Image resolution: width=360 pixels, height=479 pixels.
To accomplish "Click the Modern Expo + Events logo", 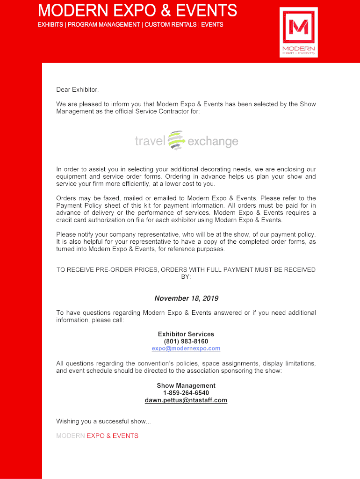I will [298, 32].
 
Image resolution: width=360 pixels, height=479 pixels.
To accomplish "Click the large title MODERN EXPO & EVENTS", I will [137, 10].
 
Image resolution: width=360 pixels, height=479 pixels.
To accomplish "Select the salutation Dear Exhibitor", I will [78, 89].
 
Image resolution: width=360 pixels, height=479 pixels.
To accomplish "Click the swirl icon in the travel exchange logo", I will [176, 140].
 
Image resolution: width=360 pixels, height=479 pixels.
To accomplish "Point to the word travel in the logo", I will [150, 141].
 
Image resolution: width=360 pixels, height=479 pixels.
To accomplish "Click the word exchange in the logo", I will [213, 141].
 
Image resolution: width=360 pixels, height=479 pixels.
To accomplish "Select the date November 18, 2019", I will [186, 298].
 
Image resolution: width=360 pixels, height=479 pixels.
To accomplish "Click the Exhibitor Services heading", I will [186, 334].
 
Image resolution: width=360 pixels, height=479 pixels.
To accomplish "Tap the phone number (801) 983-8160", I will [186, 341].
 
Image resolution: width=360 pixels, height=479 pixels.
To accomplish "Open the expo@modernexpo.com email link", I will [186, 348].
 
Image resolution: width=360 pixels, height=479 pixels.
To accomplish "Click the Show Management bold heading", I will [186, 386].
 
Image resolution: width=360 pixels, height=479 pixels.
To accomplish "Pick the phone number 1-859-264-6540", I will [186, 393].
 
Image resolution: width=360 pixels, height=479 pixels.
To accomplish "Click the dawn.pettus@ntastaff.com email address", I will [186, 400].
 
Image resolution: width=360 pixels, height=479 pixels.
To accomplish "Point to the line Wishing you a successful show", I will [104, 421].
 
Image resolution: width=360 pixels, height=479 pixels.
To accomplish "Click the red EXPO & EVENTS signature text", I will [113, 435].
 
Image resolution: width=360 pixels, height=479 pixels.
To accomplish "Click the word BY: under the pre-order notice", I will [186, 277].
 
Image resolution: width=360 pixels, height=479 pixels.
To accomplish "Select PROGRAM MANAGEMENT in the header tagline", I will [103, 24].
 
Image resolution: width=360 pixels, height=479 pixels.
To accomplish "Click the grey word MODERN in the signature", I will [71, 435].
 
